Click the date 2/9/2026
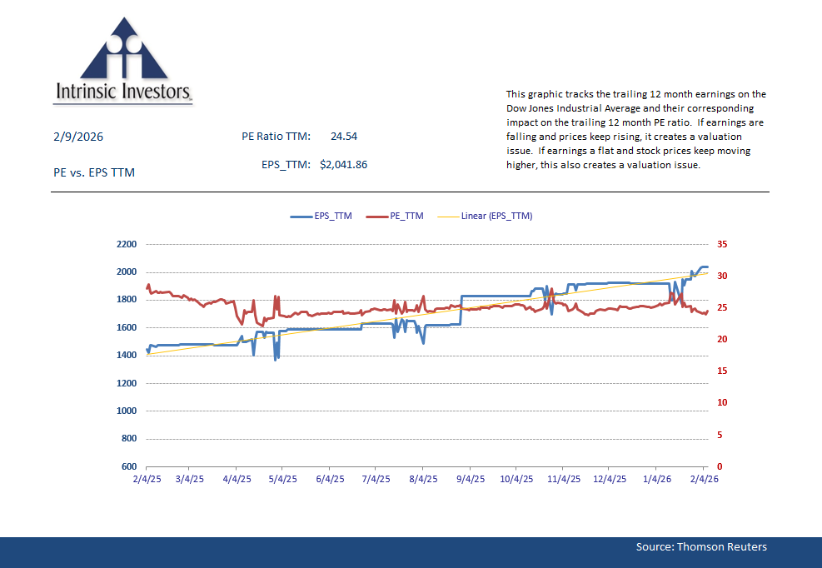click(77, 137)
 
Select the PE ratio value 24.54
click(343, 136)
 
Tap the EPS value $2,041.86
click(343, 164)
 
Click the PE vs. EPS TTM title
click(93, 172)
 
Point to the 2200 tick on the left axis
click(127, 244)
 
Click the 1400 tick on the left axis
click(127, 356)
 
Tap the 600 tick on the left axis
click(129, 466)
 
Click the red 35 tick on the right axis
click(721, 244)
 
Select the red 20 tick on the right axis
click(721, 340)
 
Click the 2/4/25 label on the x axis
click(147, 480)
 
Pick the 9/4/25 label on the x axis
click(471, 480)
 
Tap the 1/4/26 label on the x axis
click(657, 480)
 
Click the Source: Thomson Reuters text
click(700, 546)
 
